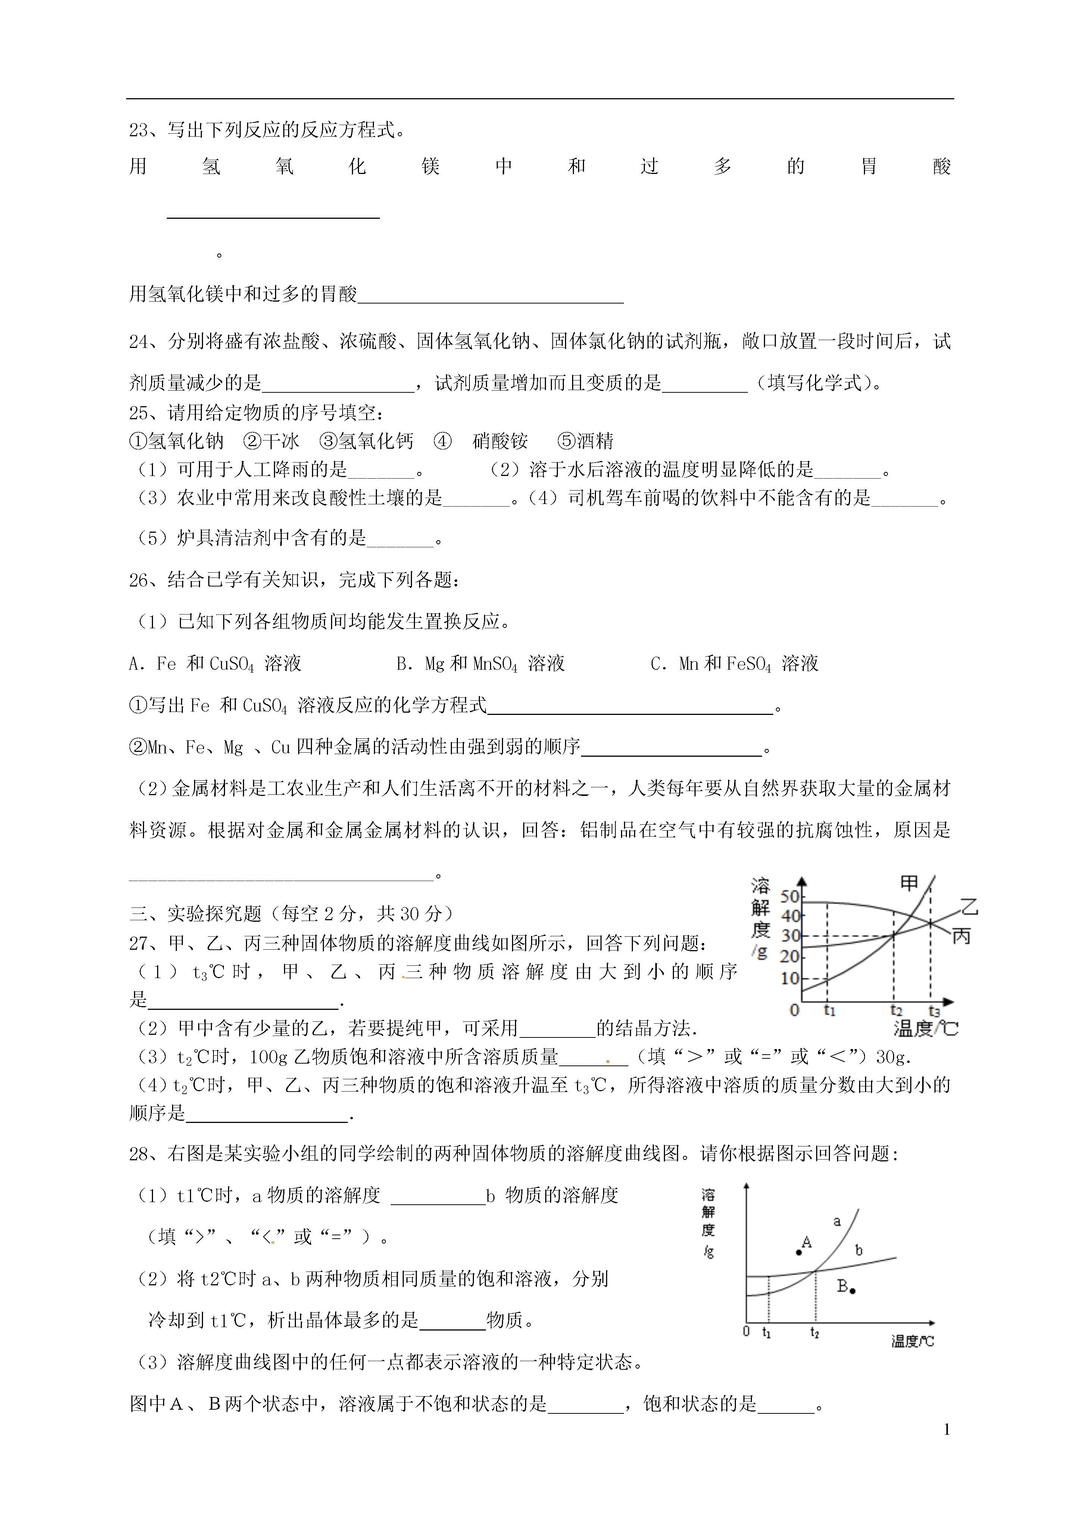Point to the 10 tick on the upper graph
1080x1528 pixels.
point(790,979)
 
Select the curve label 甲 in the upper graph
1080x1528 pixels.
point(909,883)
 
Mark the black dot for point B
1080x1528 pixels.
point(853,1291)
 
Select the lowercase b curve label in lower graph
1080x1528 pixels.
point(858,1251)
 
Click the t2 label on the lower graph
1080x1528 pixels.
point(815,1332)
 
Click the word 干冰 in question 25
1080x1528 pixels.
point(281,441)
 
